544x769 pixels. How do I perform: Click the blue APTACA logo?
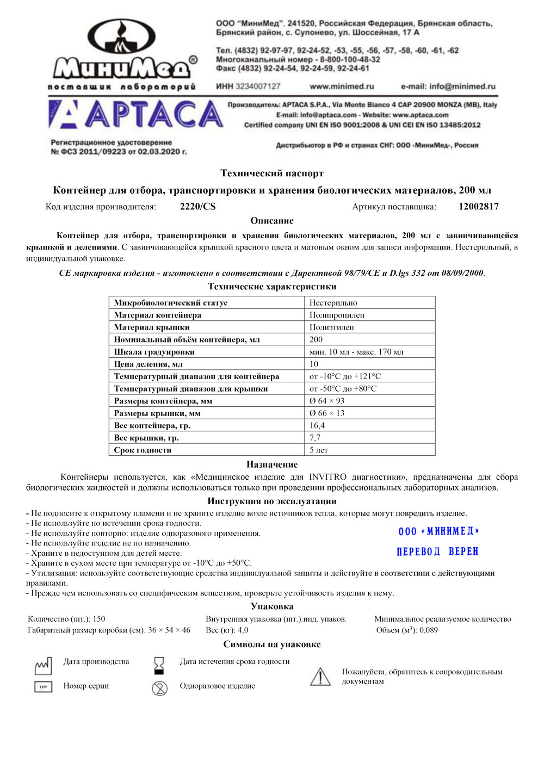coord(136,115)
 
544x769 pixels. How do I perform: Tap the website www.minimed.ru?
coord(342,86)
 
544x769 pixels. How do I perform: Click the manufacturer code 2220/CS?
coord(197,207)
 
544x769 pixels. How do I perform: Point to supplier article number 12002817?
coord(478,207)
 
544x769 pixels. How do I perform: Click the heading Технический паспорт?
coord(272,173)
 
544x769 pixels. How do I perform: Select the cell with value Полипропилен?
coord(337,315)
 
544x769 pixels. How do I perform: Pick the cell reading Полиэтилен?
coord(331,327)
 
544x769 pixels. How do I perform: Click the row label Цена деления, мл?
coord(148,364)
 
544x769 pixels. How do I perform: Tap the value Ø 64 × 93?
coord(327,401)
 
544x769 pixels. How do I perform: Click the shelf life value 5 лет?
coord(319,450)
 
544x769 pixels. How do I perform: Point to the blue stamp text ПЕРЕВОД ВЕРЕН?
coord(437,551)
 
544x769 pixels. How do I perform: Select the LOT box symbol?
coord(43,687)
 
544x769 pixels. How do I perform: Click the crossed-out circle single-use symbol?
coord(159,689)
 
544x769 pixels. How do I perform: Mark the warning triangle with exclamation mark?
coord(320,677)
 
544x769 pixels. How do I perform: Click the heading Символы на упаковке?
coord(272,644)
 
